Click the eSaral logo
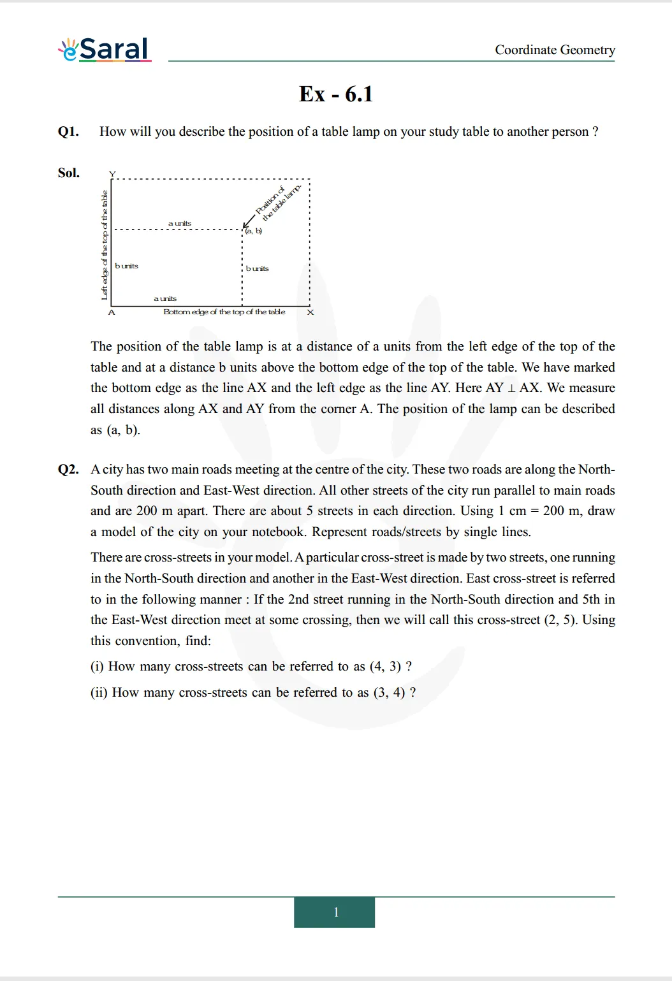pos(105,50)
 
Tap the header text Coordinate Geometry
pos(555,50)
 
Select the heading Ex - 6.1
pos(336,94)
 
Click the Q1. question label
pos(68,131)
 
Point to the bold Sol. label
pos(69,173)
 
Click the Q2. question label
pos(68,469)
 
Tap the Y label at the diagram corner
pos(112,174)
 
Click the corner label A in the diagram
pos(112,312)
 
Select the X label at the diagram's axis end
pos(310,312)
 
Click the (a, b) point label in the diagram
pos(254,231)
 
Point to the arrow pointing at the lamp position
pos(249,221)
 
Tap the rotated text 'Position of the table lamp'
pos(277,202)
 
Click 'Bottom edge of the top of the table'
pos(224,312)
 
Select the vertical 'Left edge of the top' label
pos(105,245)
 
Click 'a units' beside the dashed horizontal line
pos(180,223)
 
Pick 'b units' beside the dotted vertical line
pos(258,268)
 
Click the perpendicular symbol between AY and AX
pos(511,388)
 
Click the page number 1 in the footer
pos(336,912)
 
